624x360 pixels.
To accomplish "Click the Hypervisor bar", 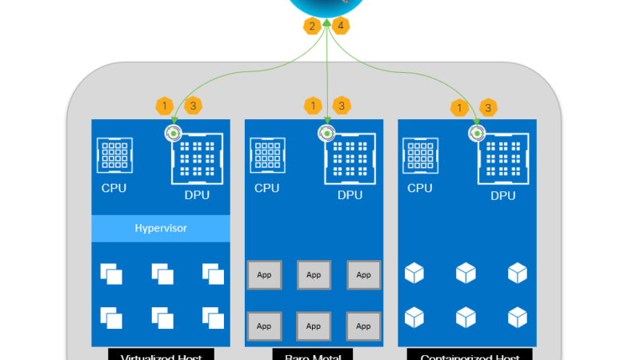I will click(161, 228).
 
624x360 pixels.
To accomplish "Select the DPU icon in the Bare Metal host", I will click(350, 158).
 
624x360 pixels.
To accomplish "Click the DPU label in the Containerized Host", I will click(502, 195).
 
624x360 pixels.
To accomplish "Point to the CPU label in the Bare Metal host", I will click(266, 188).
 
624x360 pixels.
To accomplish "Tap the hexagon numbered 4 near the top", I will click(342, 26).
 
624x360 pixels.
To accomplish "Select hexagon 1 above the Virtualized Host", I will click(164, 106).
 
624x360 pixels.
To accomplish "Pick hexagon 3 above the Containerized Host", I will click(488, 106).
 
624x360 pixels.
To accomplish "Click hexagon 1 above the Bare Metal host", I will click(313, 106).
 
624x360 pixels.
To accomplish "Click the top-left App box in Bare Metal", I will click(263, 274).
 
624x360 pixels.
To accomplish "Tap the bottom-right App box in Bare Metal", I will click(363, 326).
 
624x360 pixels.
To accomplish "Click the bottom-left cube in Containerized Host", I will click(414, 318).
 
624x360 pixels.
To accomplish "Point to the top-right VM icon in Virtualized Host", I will click(212, 274).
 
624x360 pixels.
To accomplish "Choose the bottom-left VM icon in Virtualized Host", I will click(111, 318).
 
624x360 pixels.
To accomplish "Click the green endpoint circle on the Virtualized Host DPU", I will click(172, 132).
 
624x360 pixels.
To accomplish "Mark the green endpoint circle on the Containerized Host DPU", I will click(478, 132).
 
